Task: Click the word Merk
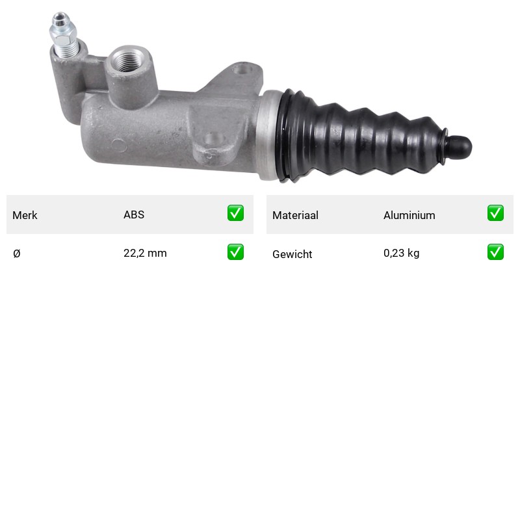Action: [x=25, y=215]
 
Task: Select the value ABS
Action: [x=134, y=214]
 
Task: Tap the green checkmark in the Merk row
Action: [x=235, y=213]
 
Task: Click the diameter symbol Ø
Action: [x=17, y=253]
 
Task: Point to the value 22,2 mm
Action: [x=145, y=253]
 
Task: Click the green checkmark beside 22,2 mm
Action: [x=235, y=252]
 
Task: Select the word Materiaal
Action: [x=295, y=215]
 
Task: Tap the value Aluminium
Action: [x=409, y=215]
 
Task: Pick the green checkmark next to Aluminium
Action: [x=495, y=213]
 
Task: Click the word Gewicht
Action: [x=292, y=254]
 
